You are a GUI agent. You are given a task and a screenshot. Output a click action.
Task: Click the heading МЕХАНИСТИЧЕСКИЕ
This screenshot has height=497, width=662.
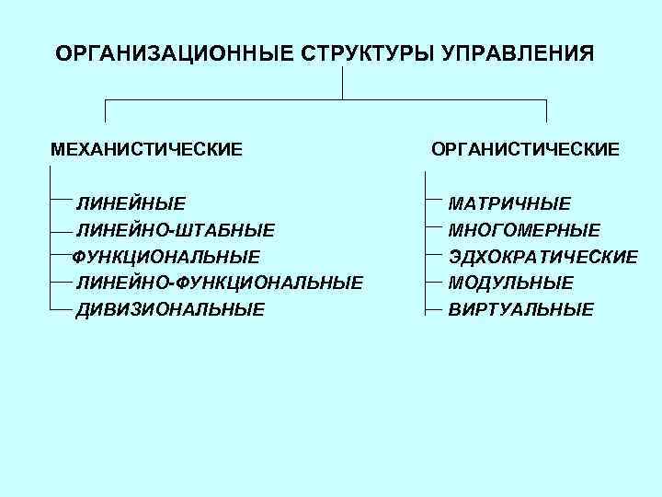click(x=147, y=148)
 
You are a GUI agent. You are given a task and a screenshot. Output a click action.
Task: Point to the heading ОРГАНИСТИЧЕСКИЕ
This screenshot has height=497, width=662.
click(x=526, y=148)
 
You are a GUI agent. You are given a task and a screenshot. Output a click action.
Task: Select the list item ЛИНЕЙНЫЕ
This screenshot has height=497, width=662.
click(x=131, y=203)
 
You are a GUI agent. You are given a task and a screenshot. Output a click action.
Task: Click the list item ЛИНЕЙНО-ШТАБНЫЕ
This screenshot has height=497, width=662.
click(x=175, y=229)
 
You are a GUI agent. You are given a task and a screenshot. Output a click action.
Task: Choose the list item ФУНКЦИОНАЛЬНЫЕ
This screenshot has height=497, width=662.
click(x=165, y=256)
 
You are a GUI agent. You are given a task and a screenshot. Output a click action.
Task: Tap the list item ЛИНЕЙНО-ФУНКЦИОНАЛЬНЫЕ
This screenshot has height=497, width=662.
click(x=219, y=282)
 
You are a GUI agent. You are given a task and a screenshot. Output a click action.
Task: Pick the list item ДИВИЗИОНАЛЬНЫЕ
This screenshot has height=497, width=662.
click(x=170, y=309)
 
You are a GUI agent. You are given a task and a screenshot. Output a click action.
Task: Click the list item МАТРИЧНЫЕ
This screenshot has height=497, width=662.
click(x=509, y=203)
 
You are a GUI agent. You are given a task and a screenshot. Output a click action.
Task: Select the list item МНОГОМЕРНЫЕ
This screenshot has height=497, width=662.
click(x=524, y=229)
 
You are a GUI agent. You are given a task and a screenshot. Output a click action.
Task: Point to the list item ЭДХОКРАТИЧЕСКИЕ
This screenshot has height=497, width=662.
click(x=542, y=256)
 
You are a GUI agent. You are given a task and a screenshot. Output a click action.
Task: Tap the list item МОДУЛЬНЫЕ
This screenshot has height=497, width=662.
click(x=511, y=282)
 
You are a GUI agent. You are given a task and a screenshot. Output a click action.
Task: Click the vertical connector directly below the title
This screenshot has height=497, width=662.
click(x=342, y=82)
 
